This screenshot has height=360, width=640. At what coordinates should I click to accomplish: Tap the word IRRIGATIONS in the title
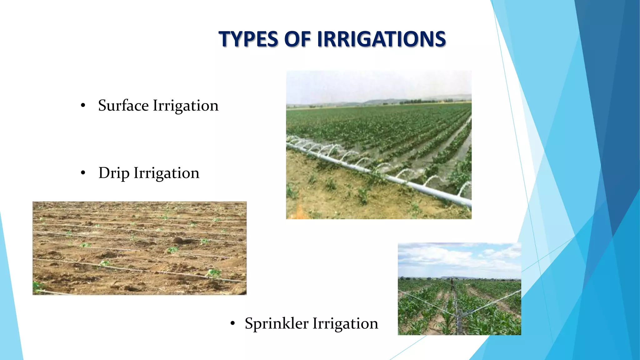(x=382, y=39)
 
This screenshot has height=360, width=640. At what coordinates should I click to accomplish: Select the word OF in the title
(x=297, y=39)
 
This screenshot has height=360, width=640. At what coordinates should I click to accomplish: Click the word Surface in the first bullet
(x=123, y=105)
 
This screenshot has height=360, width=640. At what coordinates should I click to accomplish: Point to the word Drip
(x=114, y=173)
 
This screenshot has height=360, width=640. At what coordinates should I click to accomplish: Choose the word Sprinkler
(x=276, y=323)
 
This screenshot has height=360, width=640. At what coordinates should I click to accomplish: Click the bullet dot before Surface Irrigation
(x=83, y=106)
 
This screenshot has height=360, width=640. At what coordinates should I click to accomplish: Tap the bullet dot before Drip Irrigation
(x=83, y=173)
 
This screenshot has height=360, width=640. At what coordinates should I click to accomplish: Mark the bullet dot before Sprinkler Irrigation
(x=232, y=323)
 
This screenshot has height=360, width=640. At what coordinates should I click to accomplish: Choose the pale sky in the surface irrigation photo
(x=375, y=84)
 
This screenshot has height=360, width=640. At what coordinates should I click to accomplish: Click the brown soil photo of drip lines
(x=139, y=248)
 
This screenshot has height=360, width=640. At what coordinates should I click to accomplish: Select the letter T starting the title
(x=224, y=39)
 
